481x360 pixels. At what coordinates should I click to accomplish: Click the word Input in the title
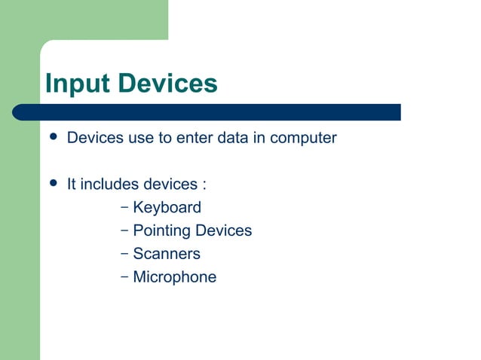(x=72, y=84)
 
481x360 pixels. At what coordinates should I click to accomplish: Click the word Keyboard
(x=167, y=207)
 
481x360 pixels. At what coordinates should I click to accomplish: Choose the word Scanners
(x=166, y=254)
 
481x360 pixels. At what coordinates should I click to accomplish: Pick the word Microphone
(x=174, y=277)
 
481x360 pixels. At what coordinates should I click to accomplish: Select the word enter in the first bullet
(x=195, y=139)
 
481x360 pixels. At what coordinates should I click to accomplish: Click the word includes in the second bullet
(x=109, y=185)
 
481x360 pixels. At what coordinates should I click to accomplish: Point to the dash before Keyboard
(x=124, y=206)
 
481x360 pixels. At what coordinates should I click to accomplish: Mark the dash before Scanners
(x=124, y=253)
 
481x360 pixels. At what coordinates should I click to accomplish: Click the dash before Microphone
(x=124, y=276)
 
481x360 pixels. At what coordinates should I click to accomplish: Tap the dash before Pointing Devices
(x=124, y=230)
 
